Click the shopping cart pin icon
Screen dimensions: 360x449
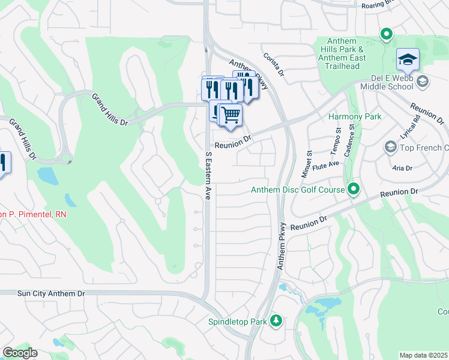click(x=230, y=114)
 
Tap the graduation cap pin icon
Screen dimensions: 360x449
click(x=408, y=59)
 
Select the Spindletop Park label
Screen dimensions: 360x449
click(x=237, y=322)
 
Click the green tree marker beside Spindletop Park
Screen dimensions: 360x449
click(x=276, y=320)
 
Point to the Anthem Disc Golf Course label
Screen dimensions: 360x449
click(x=297, y=190)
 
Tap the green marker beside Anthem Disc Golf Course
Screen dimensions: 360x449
click(x=354, y=190)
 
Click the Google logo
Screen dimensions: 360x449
click(x=20, y=352)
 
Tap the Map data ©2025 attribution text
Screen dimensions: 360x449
click(x=424, y=355)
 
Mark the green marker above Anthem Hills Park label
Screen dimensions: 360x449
click(x=387, y=34)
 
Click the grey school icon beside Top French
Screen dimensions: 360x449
click(x=390, y=148)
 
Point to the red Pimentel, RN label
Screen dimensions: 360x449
click(x=33, y=214)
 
